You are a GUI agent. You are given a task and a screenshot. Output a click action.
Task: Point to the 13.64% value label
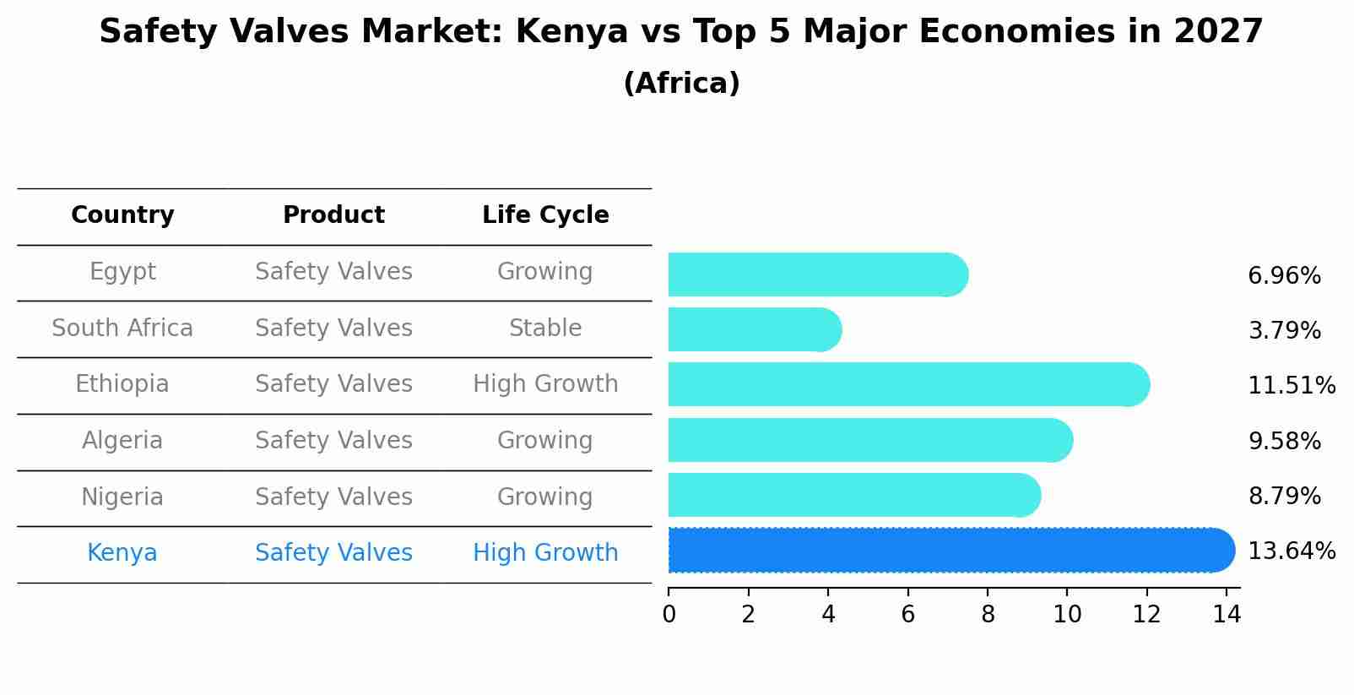coord(1291,551)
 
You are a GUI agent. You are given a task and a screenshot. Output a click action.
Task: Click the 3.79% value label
coord(1284,331)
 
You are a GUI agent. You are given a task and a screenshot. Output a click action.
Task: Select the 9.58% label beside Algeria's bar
coord(1284,442)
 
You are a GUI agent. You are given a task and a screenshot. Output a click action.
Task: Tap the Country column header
coord(122,215)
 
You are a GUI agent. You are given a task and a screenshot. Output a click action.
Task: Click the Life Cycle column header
coord(545,215)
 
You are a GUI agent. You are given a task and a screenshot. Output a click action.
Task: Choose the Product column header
coord(333,215)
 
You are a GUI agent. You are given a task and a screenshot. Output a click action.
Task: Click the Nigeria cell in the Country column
coord(122,497)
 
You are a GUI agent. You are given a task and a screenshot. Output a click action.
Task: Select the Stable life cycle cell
coord(545,328)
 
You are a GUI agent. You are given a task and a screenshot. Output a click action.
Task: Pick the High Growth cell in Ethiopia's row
coord(545,384)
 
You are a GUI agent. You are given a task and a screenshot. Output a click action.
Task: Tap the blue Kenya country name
coord(122,553)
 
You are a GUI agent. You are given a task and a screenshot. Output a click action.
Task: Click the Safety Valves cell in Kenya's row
coord(333,553)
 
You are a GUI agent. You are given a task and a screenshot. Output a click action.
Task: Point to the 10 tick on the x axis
coord(1067,615)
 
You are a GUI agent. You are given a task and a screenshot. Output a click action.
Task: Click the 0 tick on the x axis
coord(669,615)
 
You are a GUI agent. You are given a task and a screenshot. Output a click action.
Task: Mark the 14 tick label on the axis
coord(1227,615)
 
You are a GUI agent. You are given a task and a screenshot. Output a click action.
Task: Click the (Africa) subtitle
coord(681,84)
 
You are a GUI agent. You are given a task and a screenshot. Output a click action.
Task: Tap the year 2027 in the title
coord(1217,32)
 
